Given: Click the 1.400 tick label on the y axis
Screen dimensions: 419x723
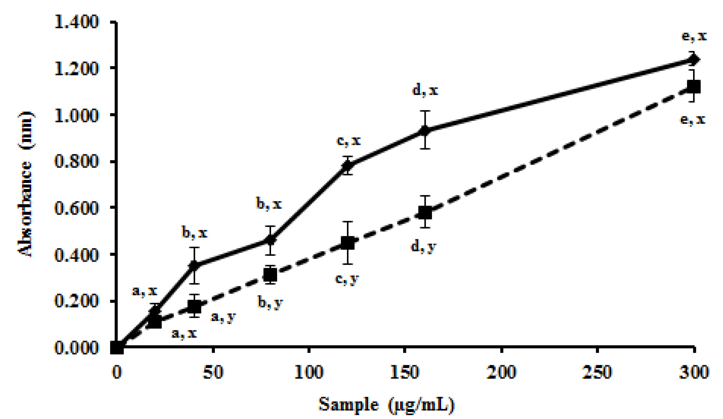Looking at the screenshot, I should pos(76,22).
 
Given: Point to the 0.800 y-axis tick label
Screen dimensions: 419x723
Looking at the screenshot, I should pos(76,162).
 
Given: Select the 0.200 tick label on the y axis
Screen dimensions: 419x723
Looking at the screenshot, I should pos(76,301).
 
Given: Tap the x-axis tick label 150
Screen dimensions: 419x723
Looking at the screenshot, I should pos(405,373).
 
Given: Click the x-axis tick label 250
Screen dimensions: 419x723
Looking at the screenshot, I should pos(597,373).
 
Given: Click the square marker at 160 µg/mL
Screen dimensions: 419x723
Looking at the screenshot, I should pos(425,213).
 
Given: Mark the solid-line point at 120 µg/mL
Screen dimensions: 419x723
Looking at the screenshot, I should pos(348,166).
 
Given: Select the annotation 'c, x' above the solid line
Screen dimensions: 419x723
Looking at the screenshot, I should pos(348,141).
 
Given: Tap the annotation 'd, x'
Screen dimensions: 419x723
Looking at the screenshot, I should pos(425,90).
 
